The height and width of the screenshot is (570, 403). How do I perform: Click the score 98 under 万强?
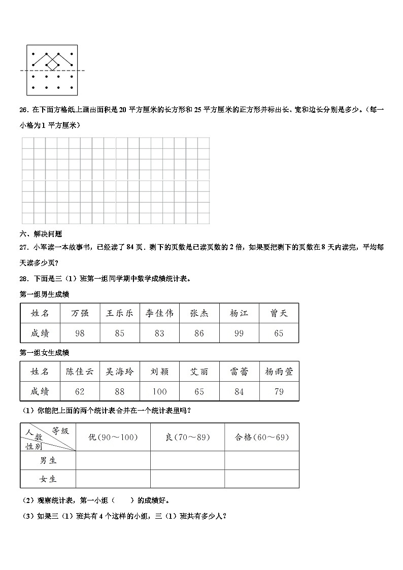point(80,333)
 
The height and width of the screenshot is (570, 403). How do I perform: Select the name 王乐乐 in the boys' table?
point(119,313)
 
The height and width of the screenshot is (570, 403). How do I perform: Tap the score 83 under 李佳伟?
point(159,333)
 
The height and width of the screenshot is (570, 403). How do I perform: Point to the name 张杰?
point(199,313)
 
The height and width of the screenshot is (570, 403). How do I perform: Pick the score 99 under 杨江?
point(239,333)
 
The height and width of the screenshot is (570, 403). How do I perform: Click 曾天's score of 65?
point(279,333)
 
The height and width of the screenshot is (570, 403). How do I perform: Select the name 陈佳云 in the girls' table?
point(80,372)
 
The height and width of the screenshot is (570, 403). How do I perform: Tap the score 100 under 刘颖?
point(159,391)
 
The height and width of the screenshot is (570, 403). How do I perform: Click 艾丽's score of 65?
point(199,391)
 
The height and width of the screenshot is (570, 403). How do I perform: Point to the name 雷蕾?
point(239,372)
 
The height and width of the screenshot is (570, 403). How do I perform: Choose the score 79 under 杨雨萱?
point(279,391)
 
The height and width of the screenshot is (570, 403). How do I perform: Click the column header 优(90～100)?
point(113,437)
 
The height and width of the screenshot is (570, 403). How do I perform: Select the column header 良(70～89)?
point(187,437)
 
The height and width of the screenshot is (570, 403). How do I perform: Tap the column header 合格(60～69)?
point(261,437)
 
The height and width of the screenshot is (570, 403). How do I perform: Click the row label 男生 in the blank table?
point(48,460)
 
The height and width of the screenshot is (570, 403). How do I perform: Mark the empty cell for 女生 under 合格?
point(261,479)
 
